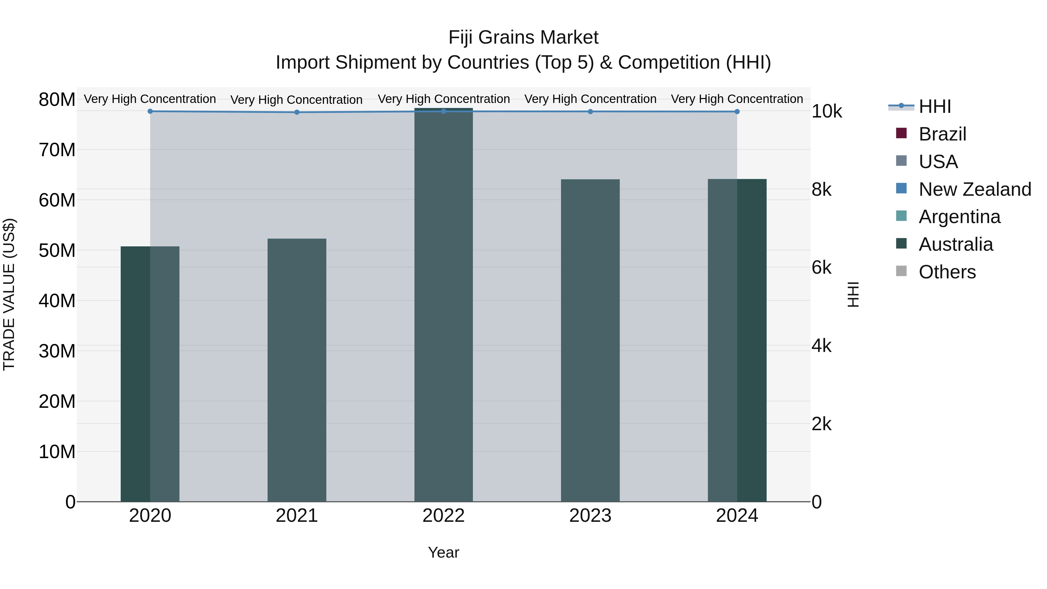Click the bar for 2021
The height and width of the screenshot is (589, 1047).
pyautogui.click(x=297, y=370)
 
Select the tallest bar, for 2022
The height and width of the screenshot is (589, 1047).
pyautogui.click(x=444, y=305)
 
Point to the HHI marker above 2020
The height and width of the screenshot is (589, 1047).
pyautogui.click(x=150, y=111)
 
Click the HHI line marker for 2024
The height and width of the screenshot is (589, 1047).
pyautogui.click(x=737, y=111)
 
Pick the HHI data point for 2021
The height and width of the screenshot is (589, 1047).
pyautogui.click(x=297, y=112)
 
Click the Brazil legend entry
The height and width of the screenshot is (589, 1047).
pyautogui.click(x=942, y=134)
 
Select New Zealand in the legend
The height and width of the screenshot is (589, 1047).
pyautogui.click(x=974, y=189)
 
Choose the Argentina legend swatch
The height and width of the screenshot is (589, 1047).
pyautogui.click(x=901, y=216)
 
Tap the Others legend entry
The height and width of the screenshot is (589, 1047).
pyautogui.click(x=947, y=272)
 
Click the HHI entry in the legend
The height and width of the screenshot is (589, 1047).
pyautogui.click(x=934, y=106)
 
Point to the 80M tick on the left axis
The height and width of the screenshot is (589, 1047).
pyautogui.click(x=57, y=99)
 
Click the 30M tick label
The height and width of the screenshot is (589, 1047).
pyautogui.click(x=57, y=351)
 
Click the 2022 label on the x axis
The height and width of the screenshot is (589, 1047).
pyautogui.click(x=444, y=516)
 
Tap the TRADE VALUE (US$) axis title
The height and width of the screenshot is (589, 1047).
pyautogui.click(x=9, y=294)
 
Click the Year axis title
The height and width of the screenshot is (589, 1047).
pyautogui.click(x=444, y=552)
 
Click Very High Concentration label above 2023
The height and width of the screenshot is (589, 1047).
pyautogui.click(x=590, y=99)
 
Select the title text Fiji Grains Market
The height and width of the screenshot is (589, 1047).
pyautogui.click(x=523, y=38)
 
